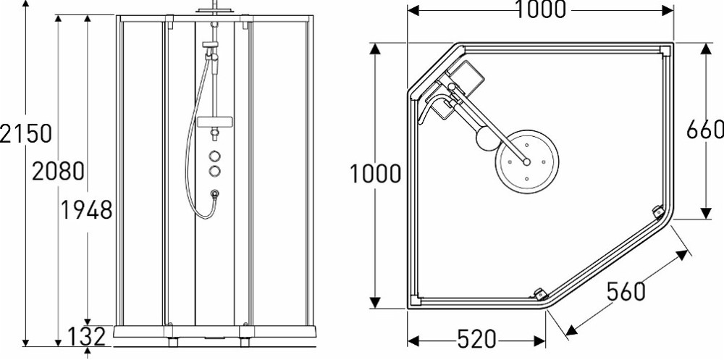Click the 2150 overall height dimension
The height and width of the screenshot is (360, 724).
click(x=25, y=133)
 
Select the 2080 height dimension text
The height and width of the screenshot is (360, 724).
click(x=58, y=171)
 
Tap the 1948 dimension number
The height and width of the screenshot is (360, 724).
click(x=87, y=210)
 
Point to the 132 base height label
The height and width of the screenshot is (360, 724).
click(x=87, y=337)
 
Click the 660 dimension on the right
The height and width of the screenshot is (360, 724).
click(x=704, y=130)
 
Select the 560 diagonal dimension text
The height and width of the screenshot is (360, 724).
click(x=626, y=291)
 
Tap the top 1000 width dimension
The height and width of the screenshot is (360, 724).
click(x=540, y=9)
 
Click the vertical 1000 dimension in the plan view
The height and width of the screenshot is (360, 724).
click(x=375, y=175)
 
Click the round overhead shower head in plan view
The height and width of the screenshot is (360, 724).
click(x=527, y=162)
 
